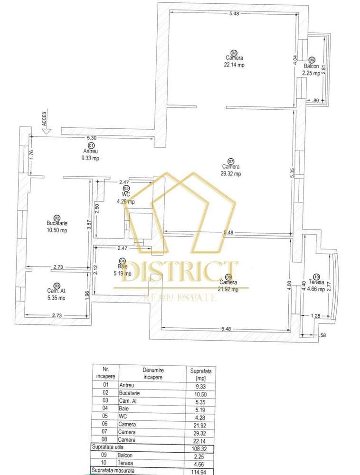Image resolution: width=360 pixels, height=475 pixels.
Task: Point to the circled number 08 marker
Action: (233, 53)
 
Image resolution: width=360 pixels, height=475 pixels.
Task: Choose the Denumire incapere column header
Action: (152, 373)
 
